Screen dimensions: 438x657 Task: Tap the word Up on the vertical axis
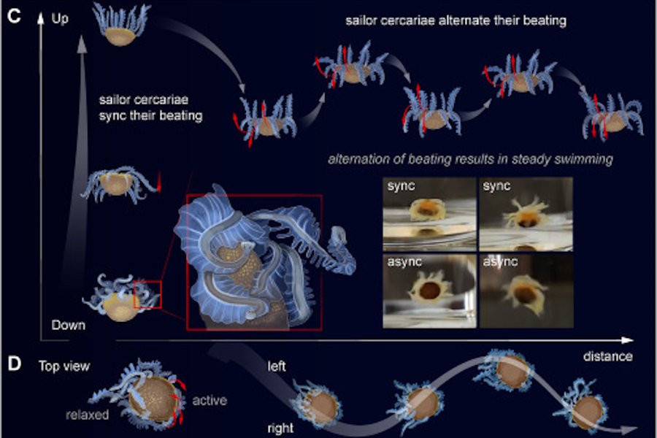[x=61, y=18]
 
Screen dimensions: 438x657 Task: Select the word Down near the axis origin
[x=68, y=325]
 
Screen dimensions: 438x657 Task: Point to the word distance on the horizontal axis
[x=607, y=356]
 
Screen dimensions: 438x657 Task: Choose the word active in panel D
[x=210, y=400]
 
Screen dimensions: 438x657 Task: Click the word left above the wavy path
[x=277, y=365]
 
